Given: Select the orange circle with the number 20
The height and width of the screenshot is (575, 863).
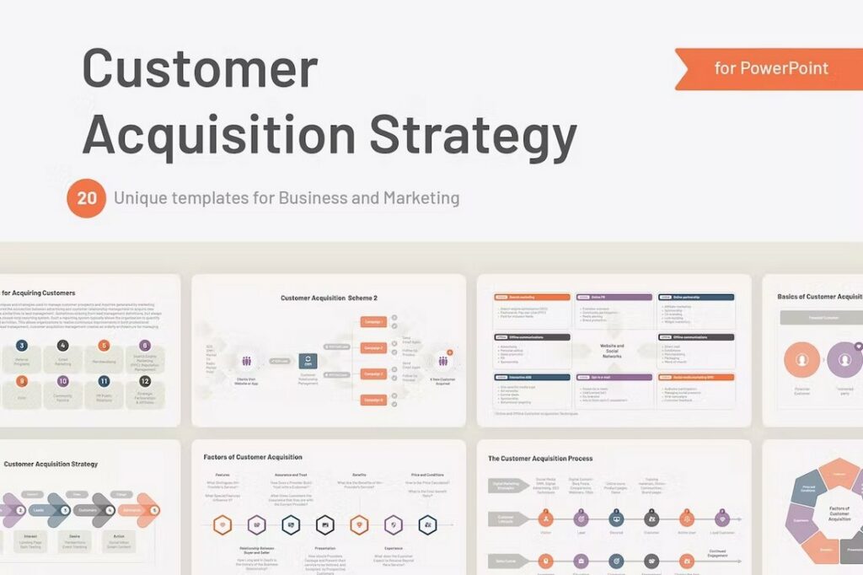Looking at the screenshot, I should point(87,199).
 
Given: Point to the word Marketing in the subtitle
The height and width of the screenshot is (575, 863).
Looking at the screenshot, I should point(421,199).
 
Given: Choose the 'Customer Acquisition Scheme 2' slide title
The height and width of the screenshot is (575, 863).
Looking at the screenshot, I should point(329,298).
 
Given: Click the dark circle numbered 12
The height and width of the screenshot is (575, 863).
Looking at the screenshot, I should point(145,381).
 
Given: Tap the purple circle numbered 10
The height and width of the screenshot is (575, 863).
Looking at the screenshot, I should point(62,381).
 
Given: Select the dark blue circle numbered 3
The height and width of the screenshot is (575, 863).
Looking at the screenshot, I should point(22,346).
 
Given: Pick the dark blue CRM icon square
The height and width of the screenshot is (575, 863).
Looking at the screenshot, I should point(308,361).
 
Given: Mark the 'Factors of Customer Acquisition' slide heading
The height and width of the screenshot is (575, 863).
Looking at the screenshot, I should point(253,457).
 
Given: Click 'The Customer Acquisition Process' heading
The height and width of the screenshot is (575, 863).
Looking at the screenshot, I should point(540,459).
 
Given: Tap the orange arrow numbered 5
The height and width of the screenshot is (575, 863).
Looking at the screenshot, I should point(149,510).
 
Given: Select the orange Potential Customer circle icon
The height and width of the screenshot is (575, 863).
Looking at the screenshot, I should point(801,360).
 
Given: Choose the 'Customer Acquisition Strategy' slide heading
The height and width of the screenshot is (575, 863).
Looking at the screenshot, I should point(51,464).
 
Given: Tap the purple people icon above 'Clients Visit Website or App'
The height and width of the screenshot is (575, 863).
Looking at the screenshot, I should point(247,361).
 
